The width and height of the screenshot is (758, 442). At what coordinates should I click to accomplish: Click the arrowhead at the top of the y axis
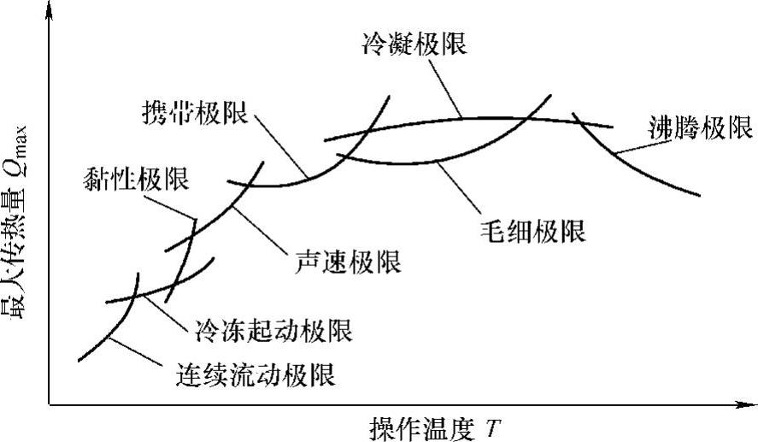(x=50, y=10)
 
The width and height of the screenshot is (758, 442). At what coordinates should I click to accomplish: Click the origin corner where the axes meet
(x=50, y=402)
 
